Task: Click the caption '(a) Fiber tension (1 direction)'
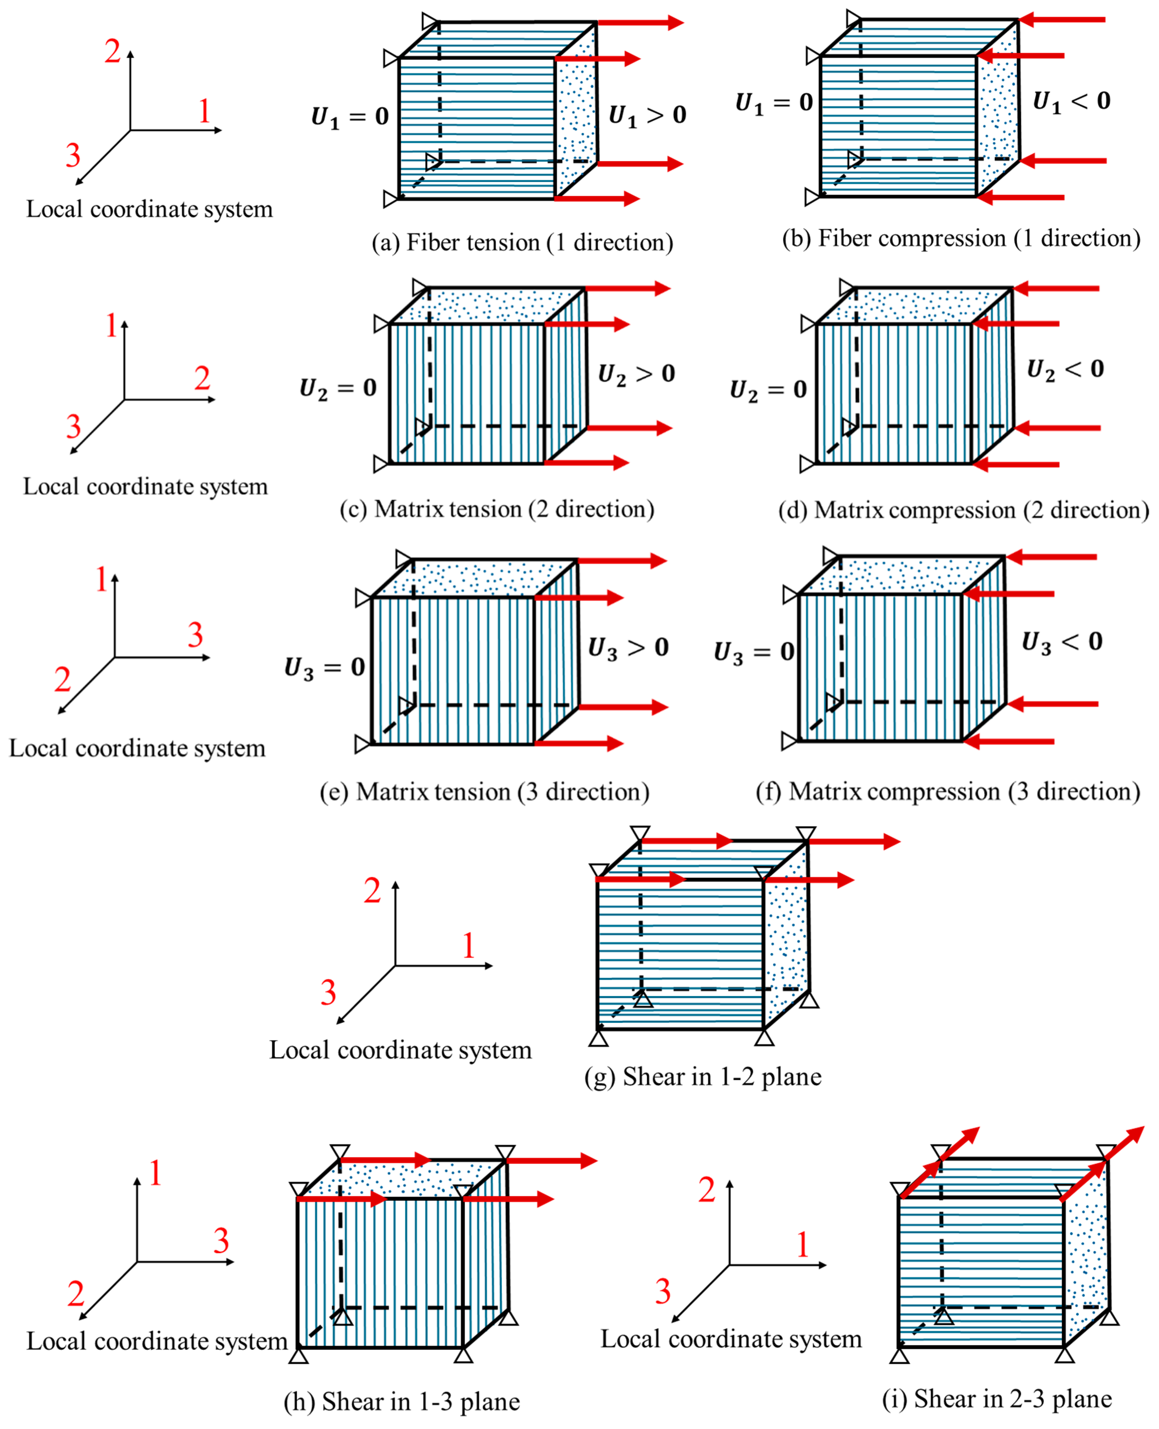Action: tap(522, 242)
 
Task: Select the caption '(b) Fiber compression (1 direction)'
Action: tap(961, 238)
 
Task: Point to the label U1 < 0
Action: tap(1071, 101)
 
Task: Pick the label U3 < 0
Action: tap(1062, 642)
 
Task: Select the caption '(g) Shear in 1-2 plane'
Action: tap(702, 1077)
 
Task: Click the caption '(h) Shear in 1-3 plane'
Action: tap(401, 1401)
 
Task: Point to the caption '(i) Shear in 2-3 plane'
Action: tap(997, 1398)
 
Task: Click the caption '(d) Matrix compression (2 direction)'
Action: tap(963, 510)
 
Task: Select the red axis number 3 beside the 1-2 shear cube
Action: tap(328, 993)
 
